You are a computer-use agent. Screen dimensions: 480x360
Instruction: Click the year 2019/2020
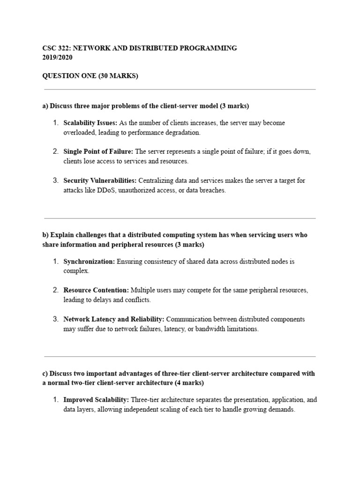pyautogui.click(x=57, y=58)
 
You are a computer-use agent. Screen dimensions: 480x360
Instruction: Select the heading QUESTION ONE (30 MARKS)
pyautogui.click(x=90, y=76)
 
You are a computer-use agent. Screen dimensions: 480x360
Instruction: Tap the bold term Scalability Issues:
pyautogui.click(x=90, y=123)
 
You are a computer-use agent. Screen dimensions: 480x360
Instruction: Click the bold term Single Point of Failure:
pyautogui.click(x=98, y=151)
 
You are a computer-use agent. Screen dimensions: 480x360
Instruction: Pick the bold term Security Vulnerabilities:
pyautogui.click(x=100, y=180)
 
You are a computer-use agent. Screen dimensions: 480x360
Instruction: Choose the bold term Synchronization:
pyautogui.click(x=89, y=262)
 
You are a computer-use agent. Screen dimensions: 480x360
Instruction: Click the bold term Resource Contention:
pyautogui.click(x=96, y=290)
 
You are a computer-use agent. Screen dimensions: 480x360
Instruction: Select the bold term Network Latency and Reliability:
pyautogui.click(x=114, y=319)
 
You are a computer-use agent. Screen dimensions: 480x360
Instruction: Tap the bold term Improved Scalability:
pyautogui.click(x=97, y=400)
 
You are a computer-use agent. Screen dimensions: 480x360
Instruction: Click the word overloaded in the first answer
pyautogui.click(x=79, y=133)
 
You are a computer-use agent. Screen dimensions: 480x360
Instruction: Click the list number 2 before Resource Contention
pyautogui.click(x=55, y=290)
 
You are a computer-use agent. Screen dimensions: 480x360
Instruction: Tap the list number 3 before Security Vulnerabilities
pyautogui.click(x=55, y=180)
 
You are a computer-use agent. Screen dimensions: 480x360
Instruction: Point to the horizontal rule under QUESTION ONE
pyautogui.click(x=180, y=90)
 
